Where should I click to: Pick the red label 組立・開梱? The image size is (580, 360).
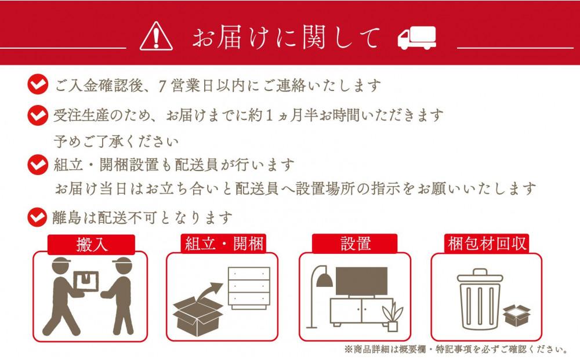tap(224, 243)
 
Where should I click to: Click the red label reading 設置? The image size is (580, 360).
tap(356, 243)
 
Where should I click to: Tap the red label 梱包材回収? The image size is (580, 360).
tap(488, 243)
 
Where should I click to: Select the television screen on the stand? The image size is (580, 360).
tap(361, 282)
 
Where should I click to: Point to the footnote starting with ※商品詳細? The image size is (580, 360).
tap(456, 350)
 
